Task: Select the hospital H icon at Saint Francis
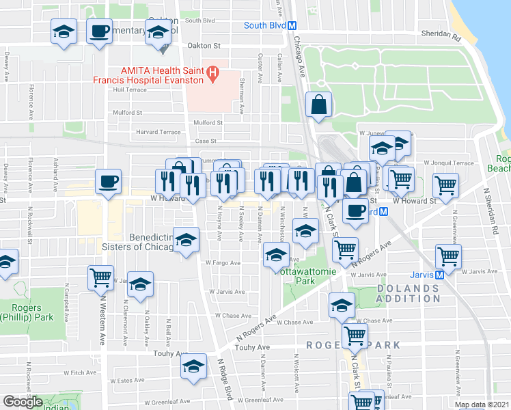(213, 71)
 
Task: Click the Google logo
(23, 402)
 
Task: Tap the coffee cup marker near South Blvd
(100, 31)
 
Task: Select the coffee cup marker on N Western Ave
(108, 182)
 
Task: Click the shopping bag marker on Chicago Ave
(319, 105)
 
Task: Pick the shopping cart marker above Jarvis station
(448, 256)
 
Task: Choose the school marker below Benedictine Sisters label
(187, 239)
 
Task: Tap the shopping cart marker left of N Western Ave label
(101, 277)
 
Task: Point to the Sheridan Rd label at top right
(441, 34)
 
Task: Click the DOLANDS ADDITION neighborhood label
(408, 294)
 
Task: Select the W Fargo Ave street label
(223, 262)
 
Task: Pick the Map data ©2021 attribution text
(481, 405)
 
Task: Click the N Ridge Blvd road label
(226, 383)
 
